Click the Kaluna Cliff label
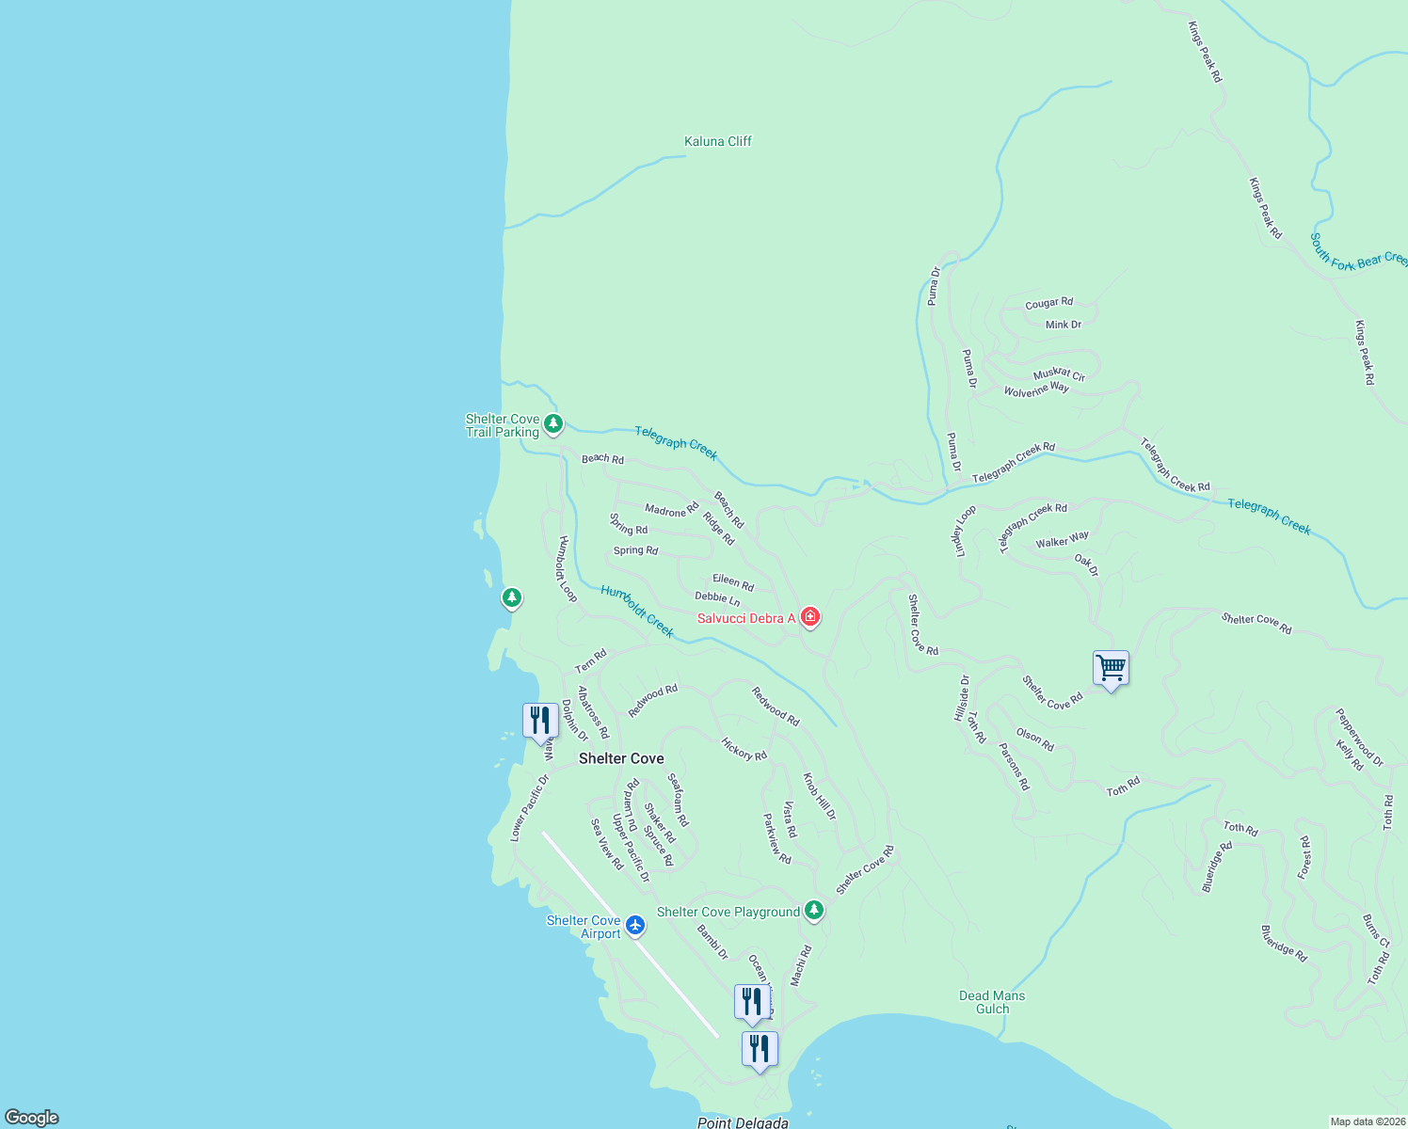tap(717, 141)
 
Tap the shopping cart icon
tap(1111, 668)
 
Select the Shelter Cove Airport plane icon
tap(635, 925)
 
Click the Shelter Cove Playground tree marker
tap(814, 910)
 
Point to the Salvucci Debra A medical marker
tap(809, 617)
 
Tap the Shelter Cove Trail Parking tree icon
tap(553, 424)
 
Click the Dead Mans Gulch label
tap(992, 1002)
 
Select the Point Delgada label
tap(743, 1122)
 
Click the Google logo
tap(32, 1117)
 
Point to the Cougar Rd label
tap(1048, 303)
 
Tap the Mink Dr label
tap(1064, 325)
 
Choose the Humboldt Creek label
tap(637, 611)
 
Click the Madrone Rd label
tap(671, 510)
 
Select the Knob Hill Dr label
tap(819, 796)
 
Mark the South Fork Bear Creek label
tap(1358, 252)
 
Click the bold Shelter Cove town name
tap(621, 758)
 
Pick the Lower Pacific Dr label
tap(529, 807)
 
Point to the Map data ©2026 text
tap(1367, 1121)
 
